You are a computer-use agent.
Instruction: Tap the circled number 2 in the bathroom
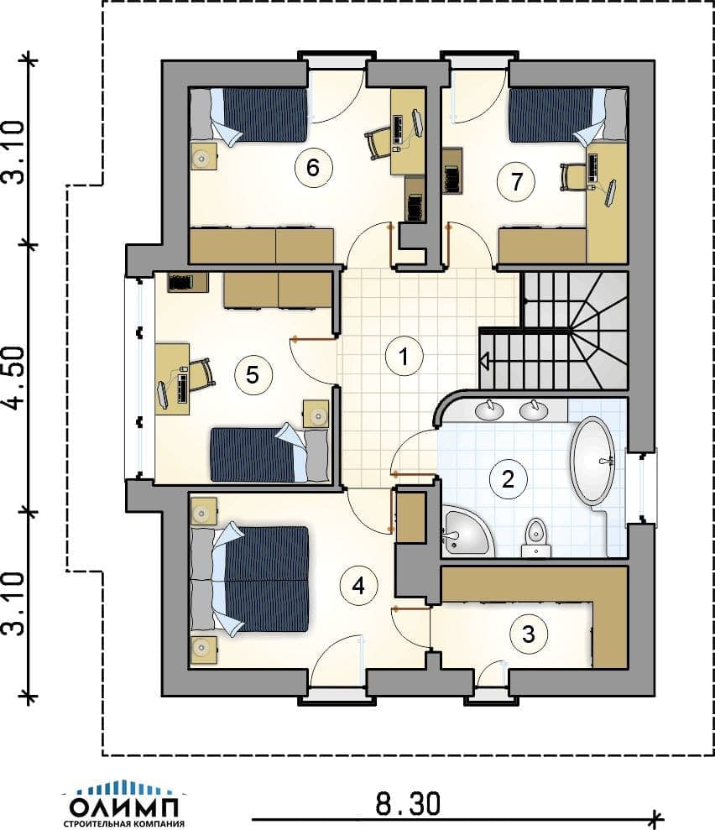click(x=508, y=478)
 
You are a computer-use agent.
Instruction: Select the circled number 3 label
click(x=528, y=634)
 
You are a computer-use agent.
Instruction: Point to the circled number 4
click(x=359, y=586)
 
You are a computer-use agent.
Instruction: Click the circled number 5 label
click(x=253, y=375)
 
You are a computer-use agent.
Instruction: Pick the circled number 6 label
click(x=313, y=168)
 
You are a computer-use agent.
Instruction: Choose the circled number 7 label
click(x=516, y=181)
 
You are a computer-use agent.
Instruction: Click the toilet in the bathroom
click(x=536, y=537)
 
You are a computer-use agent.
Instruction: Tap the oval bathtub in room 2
click(x=592, y=460)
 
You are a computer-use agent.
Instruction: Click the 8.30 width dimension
click(x=408, y=804)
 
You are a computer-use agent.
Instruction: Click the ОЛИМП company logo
click(x=125, y=803)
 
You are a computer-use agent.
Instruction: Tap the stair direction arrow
click(x=484, y=361)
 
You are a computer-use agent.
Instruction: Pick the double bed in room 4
click(x=248, y=578)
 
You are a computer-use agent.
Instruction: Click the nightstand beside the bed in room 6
click(x=203, y=156)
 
